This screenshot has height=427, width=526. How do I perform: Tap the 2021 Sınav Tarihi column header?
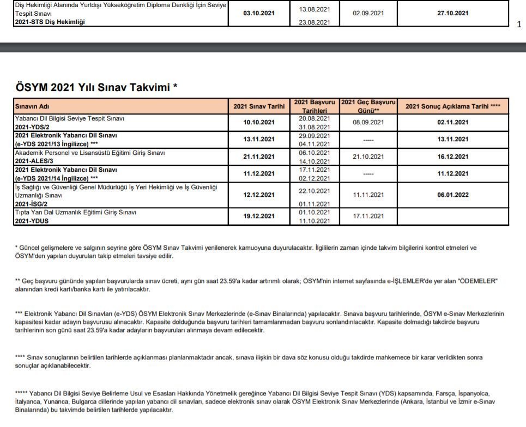[x=259, y=106]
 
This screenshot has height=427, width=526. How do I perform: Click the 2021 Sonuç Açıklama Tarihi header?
[x=453, y=106]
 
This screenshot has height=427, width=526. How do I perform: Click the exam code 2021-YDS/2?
[x=34, y=127]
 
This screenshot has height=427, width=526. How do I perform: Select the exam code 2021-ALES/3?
[x=36, y=161]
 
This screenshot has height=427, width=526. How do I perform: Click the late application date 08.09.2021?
[x=368, y=123]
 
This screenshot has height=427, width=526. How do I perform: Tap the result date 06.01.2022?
[x=453, y=195]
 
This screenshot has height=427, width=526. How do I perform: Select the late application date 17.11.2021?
[x=368, y=216]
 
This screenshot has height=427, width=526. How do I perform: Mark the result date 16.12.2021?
[x=453, y=157]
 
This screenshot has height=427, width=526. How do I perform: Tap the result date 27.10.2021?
[x=453, y=13]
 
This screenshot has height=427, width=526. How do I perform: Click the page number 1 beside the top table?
[x=519, y=24]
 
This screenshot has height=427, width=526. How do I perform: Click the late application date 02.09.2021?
[x=368, y=13]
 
